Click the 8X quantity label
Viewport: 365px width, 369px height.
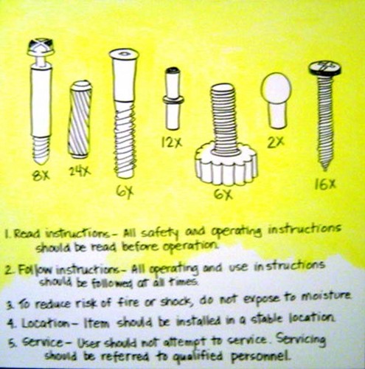pos(41,176)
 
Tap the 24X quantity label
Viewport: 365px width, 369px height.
pos(80,170)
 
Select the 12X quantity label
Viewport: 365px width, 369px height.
pos(172,142)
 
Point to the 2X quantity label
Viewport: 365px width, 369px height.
pos(276,142)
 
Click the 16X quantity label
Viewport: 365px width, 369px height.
pos(325,184)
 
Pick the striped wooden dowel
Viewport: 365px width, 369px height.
pos(80,120)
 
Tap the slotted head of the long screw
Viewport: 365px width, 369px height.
pos(324,68)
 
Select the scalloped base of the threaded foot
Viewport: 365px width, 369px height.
pos(226,165)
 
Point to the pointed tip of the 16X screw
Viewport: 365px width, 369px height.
pos(325,169)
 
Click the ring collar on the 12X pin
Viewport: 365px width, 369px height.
pos(173,100)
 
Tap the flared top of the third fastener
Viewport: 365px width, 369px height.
pos(125,57)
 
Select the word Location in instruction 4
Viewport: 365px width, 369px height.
pos(46,323)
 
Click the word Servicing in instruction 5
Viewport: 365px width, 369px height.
pos(301,340)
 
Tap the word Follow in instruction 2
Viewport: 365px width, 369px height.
pos(35,269)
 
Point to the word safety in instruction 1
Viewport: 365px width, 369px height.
pos(156,233)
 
